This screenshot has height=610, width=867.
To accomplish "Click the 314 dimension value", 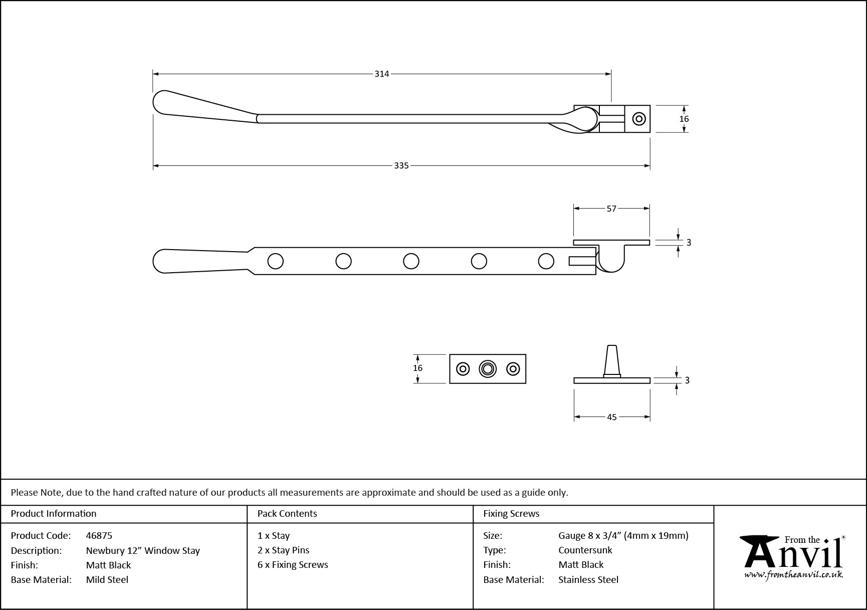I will click(381, 74).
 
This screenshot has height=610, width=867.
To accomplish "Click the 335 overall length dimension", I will click(401, 165).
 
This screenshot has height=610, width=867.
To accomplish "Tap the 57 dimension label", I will click(611, 209).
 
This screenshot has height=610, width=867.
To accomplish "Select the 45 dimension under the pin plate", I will click(611, 417).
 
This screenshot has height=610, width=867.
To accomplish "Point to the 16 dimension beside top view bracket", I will click(684, 119).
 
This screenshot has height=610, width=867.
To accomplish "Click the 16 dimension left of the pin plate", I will click(417, 368).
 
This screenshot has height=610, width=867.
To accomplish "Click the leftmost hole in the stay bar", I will click(276, 261).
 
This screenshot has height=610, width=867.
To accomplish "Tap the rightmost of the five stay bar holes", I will click(546, 261).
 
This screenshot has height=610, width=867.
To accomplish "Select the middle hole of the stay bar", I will click(411, 261).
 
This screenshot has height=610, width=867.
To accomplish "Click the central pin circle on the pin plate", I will click(488, 369).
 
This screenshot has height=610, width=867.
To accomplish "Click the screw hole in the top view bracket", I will click(638, 119).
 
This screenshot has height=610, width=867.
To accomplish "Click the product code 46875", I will click(99, 535).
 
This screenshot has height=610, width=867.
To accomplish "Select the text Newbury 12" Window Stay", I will click(143, 550).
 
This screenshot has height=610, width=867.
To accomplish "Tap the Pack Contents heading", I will click(287, 513).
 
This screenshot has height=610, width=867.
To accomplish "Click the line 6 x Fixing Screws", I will click(293, 564).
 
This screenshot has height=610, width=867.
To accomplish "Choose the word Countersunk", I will click(585, 550).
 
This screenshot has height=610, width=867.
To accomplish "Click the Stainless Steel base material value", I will click(588, 579).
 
